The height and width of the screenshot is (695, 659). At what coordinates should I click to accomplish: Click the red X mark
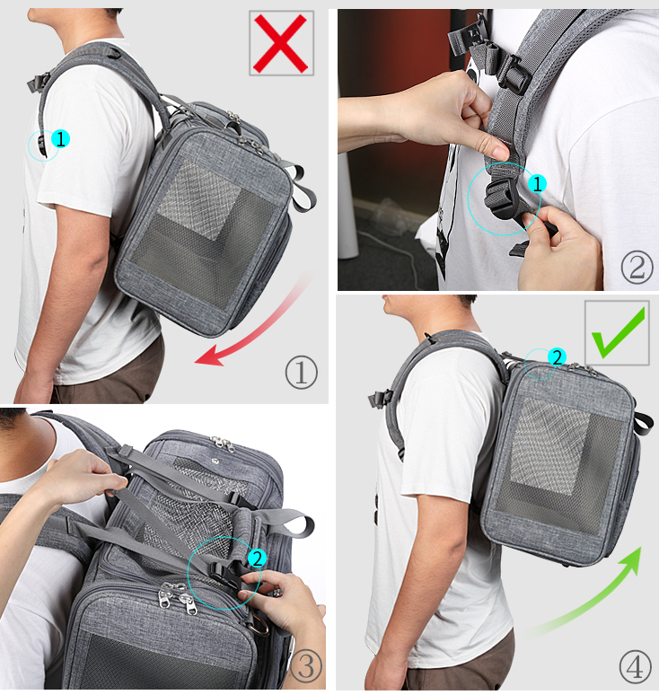point(280,43)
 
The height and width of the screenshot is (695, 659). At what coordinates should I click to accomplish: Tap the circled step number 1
point(302,374)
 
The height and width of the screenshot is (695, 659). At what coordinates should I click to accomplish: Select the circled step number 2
point(637,268)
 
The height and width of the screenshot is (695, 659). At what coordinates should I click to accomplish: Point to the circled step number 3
point(306,665)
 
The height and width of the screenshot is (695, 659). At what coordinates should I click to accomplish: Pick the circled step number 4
point(635,667)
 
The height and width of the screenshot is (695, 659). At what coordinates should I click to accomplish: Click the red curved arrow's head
point(209,356)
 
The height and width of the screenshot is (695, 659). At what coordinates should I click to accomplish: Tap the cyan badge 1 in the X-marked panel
point(61,139)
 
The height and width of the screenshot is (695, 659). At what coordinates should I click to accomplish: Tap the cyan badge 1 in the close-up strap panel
point(537,183)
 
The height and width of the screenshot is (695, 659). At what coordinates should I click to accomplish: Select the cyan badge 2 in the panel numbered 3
point(257,559)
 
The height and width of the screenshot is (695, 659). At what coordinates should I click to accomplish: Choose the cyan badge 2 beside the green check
point(557,356)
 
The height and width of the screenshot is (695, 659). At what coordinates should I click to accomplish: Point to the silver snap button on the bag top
point(215,461)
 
